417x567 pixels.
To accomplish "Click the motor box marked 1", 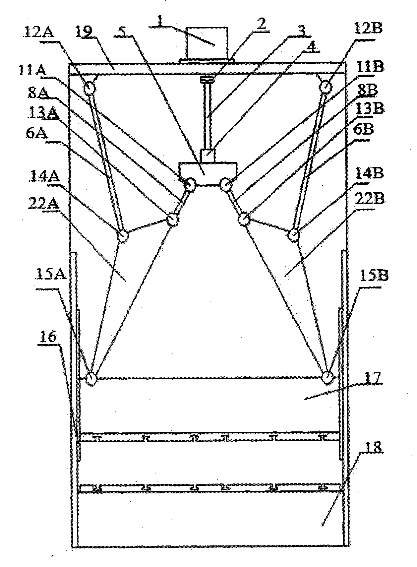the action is point(207,43).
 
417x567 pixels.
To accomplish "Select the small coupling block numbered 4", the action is point(208,155).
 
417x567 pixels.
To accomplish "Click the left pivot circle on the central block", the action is point(190,184).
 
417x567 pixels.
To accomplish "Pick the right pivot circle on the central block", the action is point(226,184).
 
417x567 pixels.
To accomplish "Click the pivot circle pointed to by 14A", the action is point(122,236).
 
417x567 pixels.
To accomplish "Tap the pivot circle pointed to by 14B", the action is point(293,235).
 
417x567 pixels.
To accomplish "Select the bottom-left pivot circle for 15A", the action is point(91,378).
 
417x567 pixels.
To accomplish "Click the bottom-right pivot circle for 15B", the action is point(328,377).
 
